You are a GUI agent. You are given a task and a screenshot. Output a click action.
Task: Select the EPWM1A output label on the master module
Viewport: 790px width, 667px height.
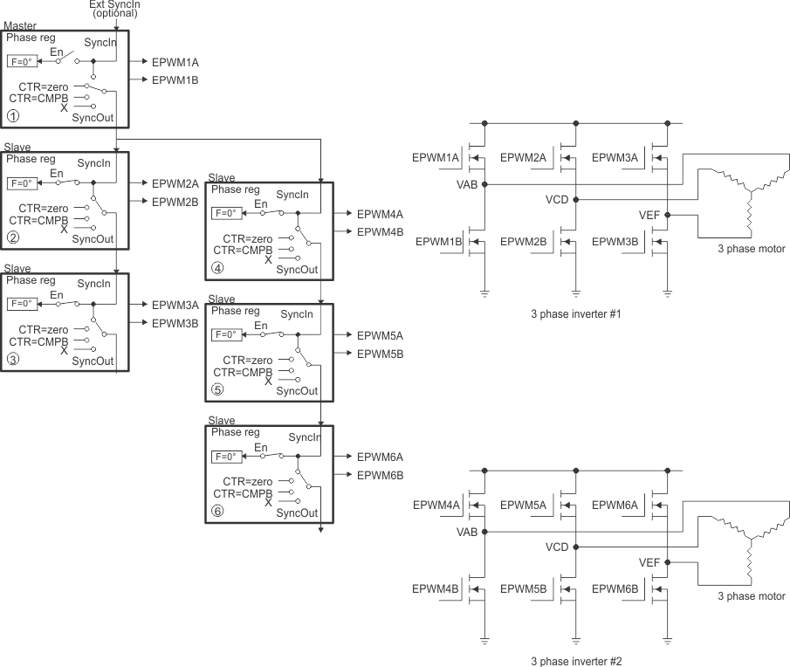[175, 63]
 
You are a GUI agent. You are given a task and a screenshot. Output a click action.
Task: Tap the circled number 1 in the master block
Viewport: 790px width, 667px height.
[12, 114]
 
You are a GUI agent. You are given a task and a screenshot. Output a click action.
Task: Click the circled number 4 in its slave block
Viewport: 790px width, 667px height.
[216, 267]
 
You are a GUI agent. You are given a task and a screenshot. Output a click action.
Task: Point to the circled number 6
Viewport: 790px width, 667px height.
[216, 512]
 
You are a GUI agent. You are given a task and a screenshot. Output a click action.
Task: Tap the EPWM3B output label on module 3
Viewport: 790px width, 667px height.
[175, 322]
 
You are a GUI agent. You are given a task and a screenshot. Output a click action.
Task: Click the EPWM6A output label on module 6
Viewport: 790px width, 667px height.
[380, 457]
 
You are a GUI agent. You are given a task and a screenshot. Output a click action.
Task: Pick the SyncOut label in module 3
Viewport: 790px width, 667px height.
[93, 361]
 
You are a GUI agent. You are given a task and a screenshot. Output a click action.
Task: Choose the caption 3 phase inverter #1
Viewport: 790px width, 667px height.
[575, 313]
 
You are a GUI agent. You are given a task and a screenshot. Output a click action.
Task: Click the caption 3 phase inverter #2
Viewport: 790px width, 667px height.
[577, 661]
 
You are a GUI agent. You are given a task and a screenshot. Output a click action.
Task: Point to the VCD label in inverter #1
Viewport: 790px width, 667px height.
[557, 200]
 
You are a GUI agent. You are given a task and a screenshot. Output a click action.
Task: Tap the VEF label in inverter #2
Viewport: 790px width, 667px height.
[649, 562]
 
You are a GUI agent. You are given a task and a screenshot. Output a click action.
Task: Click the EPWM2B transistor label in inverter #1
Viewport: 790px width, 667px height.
[524, 241]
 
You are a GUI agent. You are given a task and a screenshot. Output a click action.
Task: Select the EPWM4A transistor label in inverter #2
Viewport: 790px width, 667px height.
[436, 505]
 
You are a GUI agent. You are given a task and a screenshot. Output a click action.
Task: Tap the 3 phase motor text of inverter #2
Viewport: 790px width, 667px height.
[751, 596]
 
